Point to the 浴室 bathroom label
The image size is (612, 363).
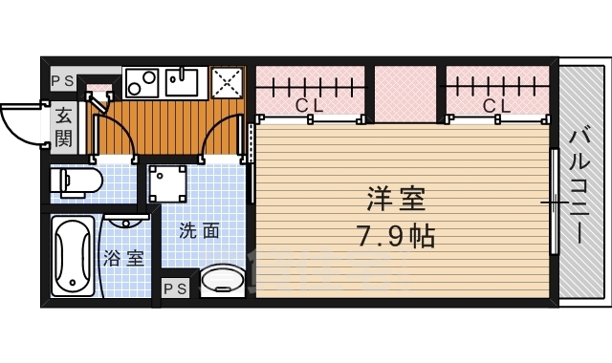[x=125, y=258]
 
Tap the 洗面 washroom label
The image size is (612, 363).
[x=199, y=230]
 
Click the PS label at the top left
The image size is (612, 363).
[x=62, y=80]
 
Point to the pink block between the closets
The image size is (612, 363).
[x=405, y=94]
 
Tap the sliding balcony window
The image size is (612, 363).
[x=553, y=203]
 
